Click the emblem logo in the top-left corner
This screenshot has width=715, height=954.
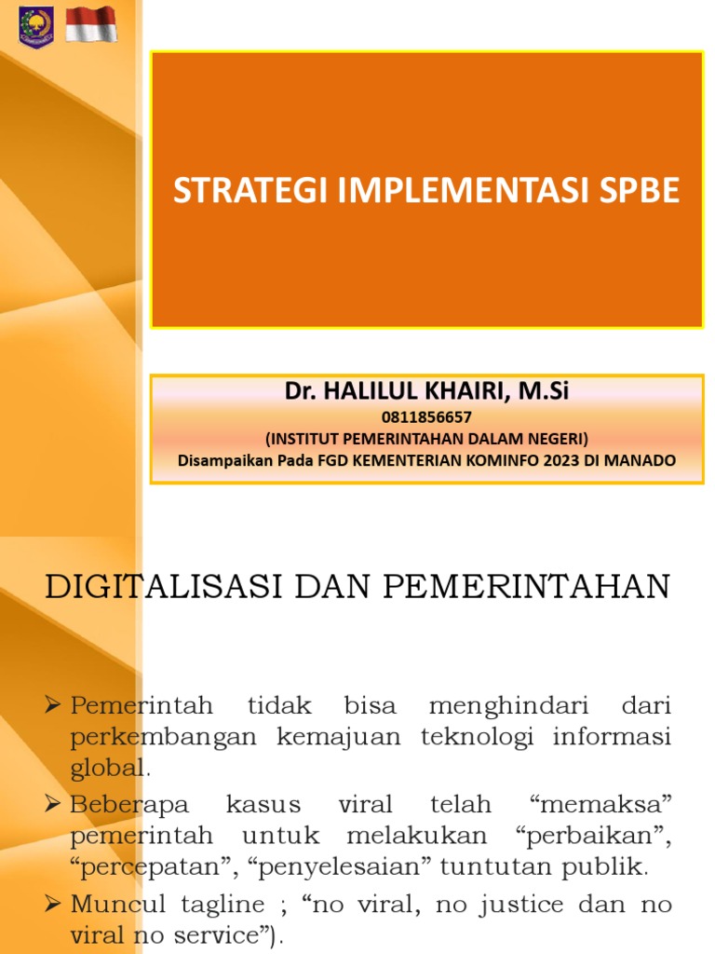34,25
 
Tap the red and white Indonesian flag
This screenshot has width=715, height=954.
91,24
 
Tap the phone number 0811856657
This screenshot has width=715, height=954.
426,417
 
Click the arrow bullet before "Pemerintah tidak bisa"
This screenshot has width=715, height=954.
56,705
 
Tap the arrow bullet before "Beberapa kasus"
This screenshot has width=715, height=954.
56,803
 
